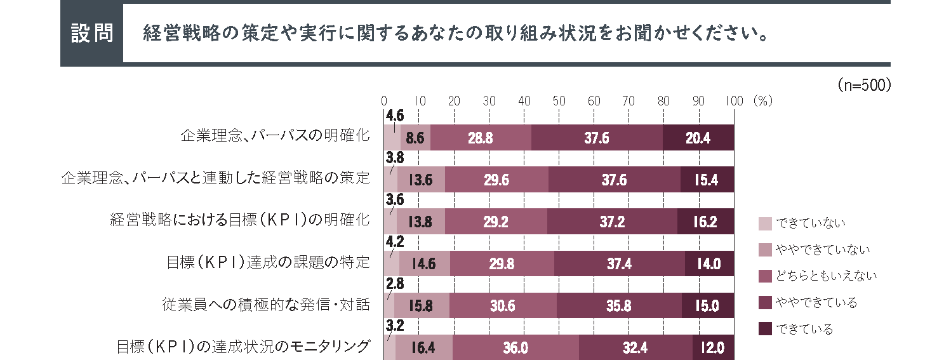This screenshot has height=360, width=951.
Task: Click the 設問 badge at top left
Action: tap(91, 34)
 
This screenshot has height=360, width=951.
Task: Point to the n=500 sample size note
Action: tap(865, 85)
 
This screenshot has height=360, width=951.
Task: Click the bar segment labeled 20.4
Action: tap(698, 138)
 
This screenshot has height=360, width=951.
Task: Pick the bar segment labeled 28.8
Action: tap(481, 138)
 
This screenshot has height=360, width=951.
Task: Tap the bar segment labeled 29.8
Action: tap(502, 263)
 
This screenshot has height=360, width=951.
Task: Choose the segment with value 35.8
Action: tap(619, 305)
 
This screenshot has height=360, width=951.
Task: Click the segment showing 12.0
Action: tap(712, 347)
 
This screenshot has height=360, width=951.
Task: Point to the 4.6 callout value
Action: tap(394, 115)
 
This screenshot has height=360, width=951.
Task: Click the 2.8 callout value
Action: tap(394, 283)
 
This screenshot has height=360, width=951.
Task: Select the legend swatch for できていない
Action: tap(765, 223)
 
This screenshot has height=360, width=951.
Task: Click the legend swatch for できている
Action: tap(765, 329)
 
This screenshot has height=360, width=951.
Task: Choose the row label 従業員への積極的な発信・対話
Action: tap(266, 305)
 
